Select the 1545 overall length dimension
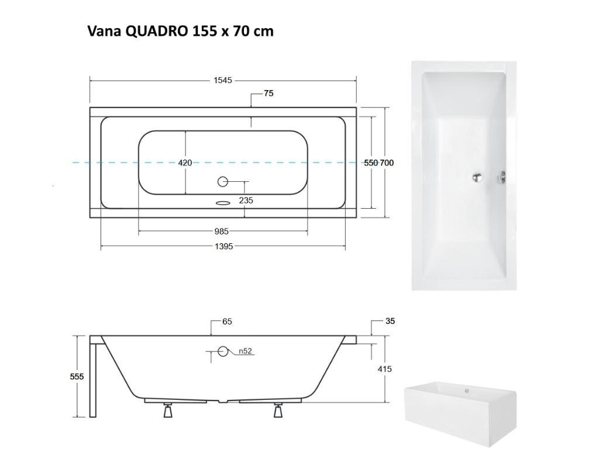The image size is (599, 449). [222, 80]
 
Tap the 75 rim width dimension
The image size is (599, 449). [268, 93]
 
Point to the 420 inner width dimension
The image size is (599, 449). [185, 163]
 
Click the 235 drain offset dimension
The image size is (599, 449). [246, 201]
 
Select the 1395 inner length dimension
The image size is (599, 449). [223, 247]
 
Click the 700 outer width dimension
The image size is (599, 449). [387, 163]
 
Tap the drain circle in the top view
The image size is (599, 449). [222, 182]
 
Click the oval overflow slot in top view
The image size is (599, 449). [222, 203]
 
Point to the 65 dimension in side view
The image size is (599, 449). [227, 322]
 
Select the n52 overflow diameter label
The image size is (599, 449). [245, 351]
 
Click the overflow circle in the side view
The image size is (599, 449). [222, 351]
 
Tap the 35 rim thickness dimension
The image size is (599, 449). [390, 321]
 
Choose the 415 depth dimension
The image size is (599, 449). [385, 369]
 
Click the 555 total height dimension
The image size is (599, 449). [77, 377]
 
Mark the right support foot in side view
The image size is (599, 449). [278, 412]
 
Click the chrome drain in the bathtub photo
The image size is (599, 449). [478, 176]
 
